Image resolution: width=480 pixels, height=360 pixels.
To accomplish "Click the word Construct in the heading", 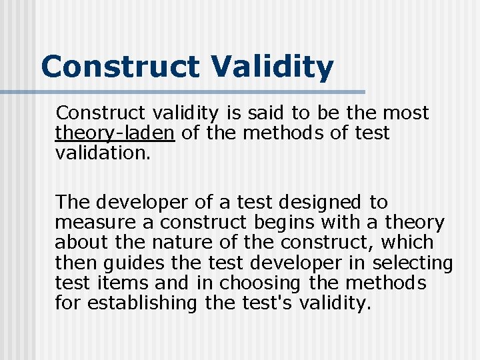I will (120, 67).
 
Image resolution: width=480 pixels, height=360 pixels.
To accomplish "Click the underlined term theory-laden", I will (115, 133).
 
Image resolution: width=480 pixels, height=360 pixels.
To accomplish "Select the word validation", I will (103, 153).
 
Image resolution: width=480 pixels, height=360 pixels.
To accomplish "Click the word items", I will (116, 283).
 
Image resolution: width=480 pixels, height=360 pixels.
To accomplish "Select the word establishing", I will (143, 303).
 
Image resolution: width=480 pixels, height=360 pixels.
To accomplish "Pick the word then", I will (75, 263).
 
